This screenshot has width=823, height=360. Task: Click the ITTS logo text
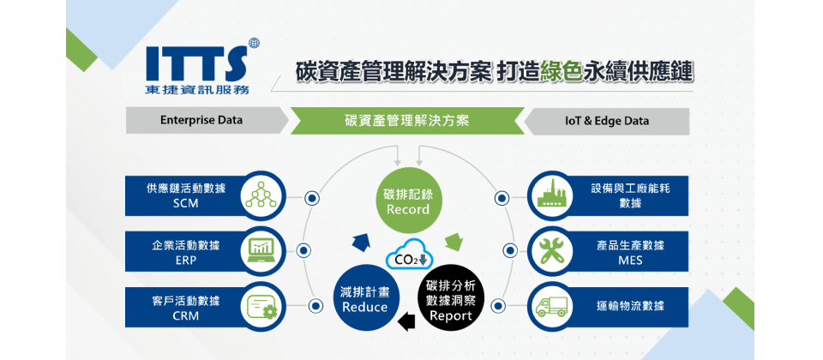coord(196,63)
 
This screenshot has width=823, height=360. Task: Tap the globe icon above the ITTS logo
coord(255,43)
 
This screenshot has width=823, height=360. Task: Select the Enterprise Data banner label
coord(201,120)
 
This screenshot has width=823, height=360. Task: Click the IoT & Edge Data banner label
coord(607,121)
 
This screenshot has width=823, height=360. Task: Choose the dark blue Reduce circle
coord(365,299)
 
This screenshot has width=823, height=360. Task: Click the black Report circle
coord(451,300)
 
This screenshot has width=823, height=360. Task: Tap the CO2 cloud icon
coord(408,256)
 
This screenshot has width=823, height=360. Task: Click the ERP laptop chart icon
coord(262,250)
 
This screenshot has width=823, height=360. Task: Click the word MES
coord(630,260)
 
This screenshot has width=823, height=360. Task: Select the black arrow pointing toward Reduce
coord(406,321)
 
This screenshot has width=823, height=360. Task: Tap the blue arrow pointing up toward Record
coord(361,242)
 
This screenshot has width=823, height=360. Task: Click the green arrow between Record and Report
coord(454,242)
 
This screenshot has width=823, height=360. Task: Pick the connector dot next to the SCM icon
coord(312,198)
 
